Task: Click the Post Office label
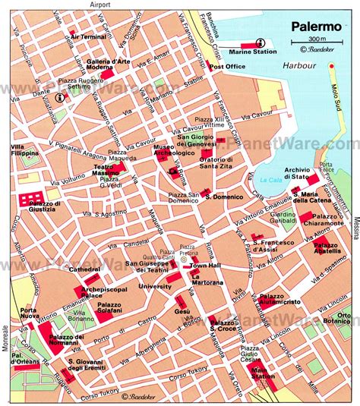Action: pos(226,67)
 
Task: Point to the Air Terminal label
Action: pos(87,36)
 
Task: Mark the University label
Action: pos(154,286)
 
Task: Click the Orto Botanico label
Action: pos(345,319)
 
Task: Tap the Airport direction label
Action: pos(99,5)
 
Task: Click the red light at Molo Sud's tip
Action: pos(331,67)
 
